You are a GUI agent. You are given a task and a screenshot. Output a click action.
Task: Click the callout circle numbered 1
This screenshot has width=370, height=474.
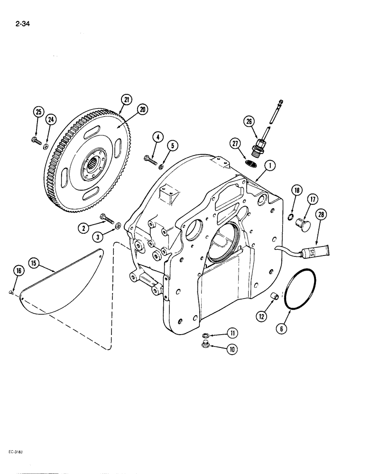[269, 165]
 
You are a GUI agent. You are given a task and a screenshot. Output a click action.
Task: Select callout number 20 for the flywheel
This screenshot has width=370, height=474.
[142, 109]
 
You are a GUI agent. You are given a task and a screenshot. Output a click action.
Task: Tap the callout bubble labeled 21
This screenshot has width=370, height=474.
[126, 100]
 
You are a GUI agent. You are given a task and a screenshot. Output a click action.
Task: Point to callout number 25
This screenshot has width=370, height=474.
[38, 112]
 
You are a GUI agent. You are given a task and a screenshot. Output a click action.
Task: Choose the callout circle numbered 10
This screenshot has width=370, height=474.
[232, 350]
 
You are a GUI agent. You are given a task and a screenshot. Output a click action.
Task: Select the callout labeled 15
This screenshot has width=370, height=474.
[34, 263]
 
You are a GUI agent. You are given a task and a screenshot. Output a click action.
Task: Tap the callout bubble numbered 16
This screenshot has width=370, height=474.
[18, 271]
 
